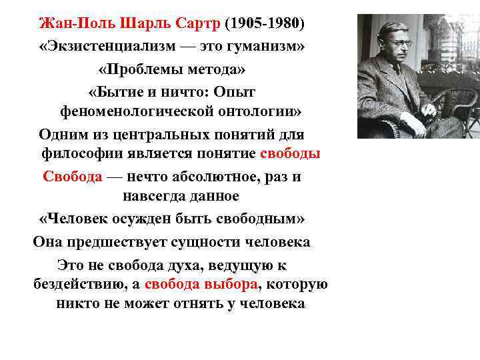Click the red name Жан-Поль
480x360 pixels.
(x=69, y=24)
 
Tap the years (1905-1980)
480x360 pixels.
(x=265, y=24)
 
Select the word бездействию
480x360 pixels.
(x=77, y=285)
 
